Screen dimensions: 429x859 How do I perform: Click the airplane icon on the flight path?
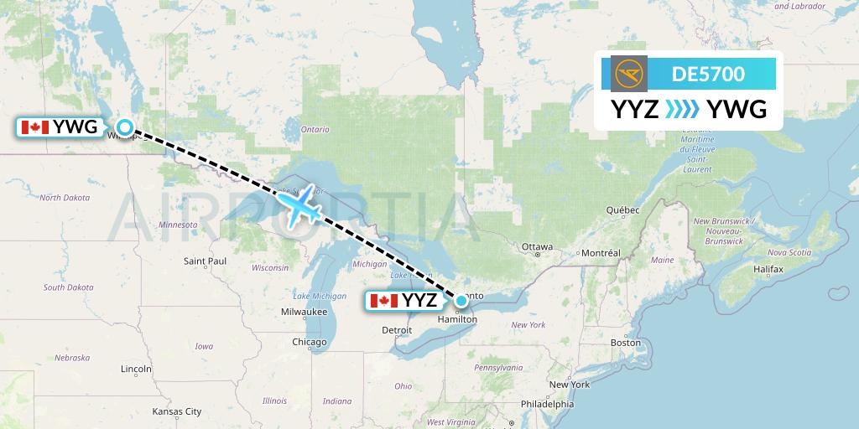300,205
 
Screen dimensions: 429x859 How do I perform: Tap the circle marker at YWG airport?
125,127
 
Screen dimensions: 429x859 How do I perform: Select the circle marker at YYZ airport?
461,300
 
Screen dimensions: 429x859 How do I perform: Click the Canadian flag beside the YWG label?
34,127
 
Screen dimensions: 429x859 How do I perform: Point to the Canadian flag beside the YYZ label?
383,300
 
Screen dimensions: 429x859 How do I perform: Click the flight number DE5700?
708,74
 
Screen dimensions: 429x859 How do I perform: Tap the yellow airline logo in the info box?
629,74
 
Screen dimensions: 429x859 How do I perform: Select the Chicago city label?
310,342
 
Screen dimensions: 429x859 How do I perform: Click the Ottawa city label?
537,247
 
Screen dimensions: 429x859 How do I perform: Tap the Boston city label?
626,343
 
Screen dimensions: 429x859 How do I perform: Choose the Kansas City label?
176,411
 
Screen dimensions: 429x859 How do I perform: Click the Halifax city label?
768,269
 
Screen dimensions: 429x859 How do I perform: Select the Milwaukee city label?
305,312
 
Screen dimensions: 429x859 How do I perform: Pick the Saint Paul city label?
206,261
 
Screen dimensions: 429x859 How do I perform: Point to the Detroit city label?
397,330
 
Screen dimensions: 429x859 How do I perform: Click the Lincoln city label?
136,369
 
